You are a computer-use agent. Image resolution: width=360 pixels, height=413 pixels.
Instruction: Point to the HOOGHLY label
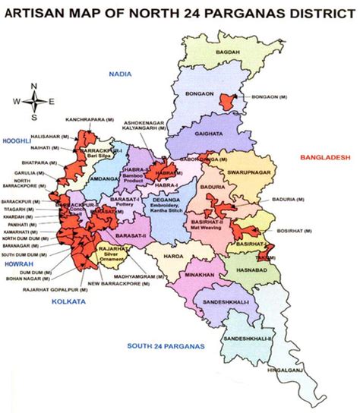pos(17,141)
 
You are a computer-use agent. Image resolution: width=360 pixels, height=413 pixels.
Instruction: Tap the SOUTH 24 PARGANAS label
pos(166,346)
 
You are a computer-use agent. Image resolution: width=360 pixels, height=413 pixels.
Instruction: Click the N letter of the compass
pos(34,86)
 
